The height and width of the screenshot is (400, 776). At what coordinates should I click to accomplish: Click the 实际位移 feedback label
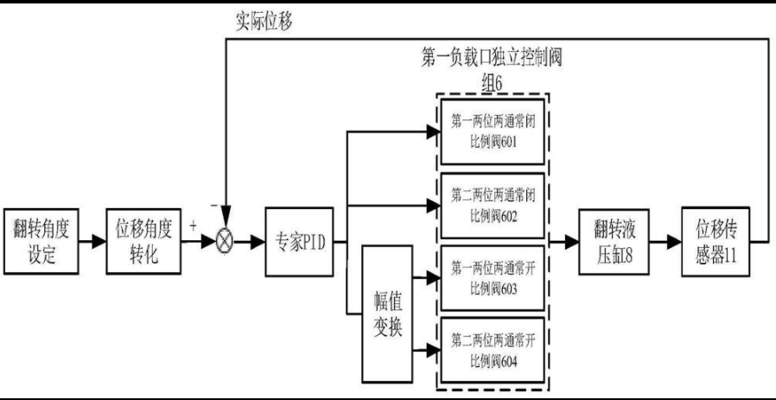(264, 22)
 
